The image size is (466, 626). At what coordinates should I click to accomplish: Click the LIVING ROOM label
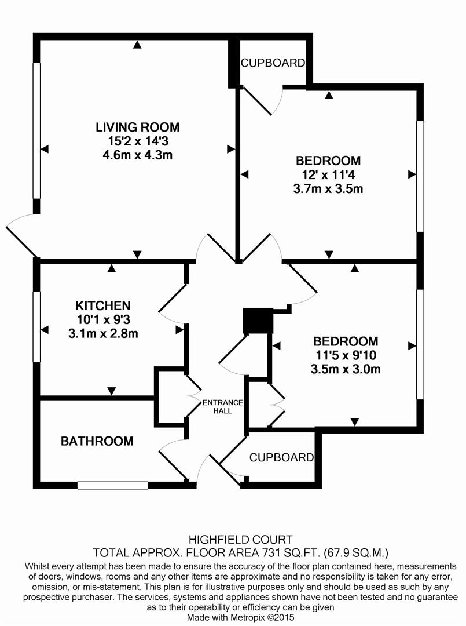tap(138, 127)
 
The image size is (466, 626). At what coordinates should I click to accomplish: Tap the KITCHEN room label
tap(102, 305)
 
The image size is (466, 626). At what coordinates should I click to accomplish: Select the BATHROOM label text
tap(97, 442)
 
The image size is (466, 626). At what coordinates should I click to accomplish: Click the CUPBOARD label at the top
tap(273, 63)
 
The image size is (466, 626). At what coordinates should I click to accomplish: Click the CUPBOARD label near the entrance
tap(281, 457)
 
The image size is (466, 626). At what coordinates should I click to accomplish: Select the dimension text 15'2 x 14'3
tap(138, 141)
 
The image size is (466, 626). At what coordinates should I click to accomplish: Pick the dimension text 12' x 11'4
tap(328, 174)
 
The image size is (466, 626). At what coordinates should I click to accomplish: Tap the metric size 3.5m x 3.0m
tap(346, 369)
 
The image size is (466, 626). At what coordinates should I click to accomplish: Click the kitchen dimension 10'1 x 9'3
tap(102, 319)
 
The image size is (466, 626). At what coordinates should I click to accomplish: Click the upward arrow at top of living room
tap(137, 44)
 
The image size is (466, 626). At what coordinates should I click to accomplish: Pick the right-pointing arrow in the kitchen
tap(179, 330)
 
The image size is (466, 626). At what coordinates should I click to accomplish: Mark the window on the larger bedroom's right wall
tap(421, 176)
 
